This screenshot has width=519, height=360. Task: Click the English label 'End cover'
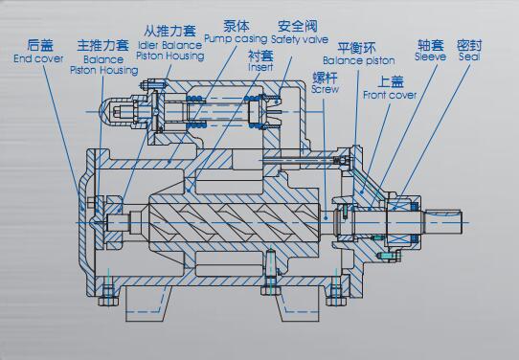(x=38, y=58)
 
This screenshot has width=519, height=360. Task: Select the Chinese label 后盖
(x=40, y=45)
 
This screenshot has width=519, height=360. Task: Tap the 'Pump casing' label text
(x=236, y=39)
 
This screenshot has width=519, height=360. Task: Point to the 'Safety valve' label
(x=300, y=39)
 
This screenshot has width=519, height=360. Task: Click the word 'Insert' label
(x=260, y=67)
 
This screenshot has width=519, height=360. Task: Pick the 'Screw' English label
(x=325, y=89)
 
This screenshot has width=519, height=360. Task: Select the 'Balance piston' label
(x=359, y=60)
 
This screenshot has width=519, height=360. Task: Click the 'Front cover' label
(x=390, y=95)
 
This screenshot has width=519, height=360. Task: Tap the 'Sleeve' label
(x=430, y=56)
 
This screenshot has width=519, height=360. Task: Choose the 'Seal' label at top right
(x=469, y=56)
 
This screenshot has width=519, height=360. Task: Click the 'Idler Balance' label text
(x=169, y=45)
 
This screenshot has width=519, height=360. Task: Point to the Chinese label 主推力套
(x=102, y=45)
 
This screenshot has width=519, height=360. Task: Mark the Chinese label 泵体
(x=237, y=26)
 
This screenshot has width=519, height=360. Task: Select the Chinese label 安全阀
(x=297, y=26)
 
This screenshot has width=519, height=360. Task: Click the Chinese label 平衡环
(x=356, y=48)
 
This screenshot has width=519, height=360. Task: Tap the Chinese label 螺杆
(x=325, y=78)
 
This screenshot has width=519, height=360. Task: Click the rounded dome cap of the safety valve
(x=107, y=112)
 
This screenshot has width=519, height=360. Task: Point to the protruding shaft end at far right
(x=443, y=221)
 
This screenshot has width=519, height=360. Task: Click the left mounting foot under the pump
(x=148, y=304)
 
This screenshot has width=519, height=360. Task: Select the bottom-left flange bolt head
(x=108, y=301)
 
